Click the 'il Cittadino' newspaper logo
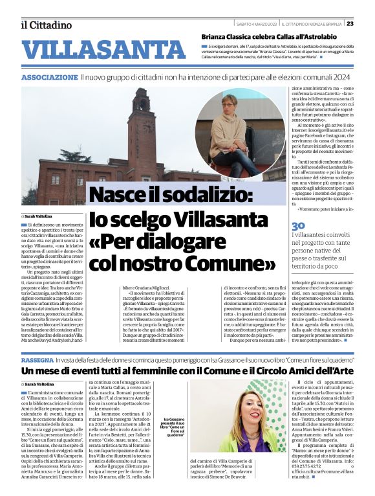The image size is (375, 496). click(46, 25)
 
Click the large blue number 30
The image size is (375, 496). click(298, 225)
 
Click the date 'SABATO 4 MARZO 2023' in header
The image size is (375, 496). click(259, 25)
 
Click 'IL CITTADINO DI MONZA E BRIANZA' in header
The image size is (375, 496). click(314, 25)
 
